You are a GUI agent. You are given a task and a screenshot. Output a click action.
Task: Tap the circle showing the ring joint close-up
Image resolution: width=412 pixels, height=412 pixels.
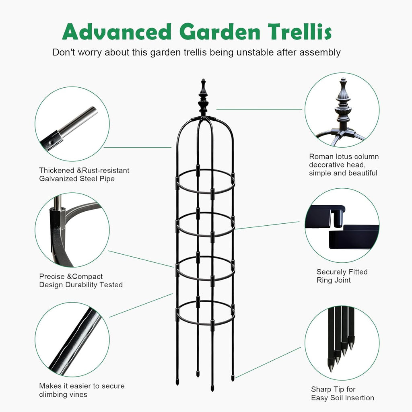[x=342, y=225]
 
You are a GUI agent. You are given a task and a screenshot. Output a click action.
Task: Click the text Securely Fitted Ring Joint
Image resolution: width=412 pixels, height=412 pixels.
[x=342, y=276]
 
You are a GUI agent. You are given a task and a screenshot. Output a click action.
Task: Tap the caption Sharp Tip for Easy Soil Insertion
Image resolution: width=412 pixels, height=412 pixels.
[x=342, y=393]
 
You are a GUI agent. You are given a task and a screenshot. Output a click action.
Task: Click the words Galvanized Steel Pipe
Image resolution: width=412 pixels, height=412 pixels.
[x=77, y=179]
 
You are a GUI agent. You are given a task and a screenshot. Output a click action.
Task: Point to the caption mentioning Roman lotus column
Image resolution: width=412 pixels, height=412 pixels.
[x=344, y=165]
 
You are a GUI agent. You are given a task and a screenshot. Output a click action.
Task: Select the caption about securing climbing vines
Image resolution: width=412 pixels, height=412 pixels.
[x=82, y=390]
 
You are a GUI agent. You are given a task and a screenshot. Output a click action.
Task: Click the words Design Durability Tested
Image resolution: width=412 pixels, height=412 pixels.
[x=81, y=285]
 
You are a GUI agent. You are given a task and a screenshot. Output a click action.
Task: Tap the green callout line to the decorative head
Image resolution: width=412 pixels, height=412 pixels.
[x=260, y=109]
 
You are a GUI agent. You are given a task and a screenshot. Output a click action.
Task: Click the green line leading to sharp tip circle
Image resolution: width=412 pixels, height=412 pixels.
[x=268, y=363]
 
